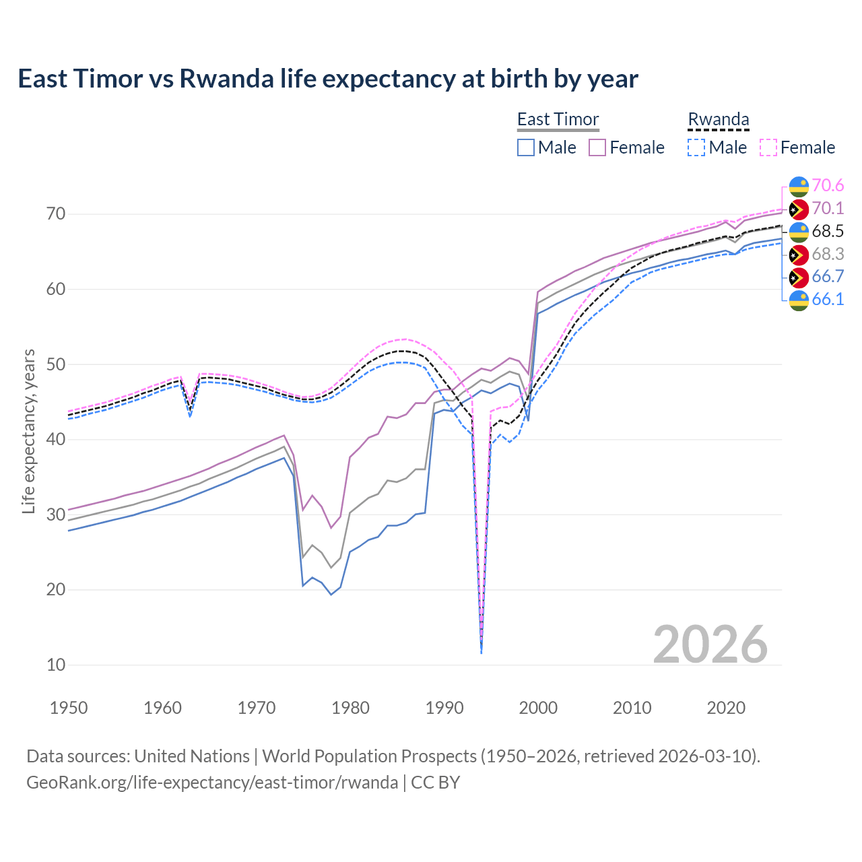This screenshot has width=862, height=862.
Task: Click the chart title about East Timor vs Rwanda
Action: click(x=327, y=79)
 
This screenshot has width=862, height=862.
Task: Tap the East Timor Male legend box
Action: click(x=526, y=147)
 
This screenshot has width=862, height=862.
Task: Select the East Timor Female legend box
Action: click(x=597, y=147)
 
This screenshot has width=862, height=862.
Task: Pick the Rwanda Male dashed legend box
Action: click(x=696, y=147)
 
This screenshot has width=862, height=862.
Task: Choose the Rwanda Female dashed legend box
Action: click(x=768, y=147)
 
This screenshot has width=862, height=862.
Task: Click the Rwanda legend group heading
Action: click(x=718, y=119)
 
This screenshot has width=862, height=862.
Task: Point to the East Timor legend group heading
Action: click(x=558, y=119)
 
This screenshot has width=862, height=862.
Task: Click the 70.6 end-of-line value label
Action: click(x=828, y=185)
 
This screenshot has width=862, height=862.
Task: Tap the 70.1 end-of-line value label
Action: click(x=828, y=208)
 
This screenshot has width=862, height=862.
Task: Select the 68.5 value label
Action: click(x=828, y=231)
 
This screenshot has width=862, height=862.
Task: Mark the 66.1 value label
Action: click(x=828, y=299)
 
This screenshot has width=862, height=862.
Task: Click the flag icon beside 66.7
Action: click(x=799, y=277)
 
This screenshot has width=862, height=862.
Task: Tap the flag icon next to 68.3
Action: click(x=799, y=254)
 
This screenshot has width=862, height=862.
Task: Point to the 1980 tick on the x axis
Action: click(x=350, y=708)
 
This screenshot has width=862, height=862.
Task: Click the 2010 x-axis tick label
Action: click(x=632, y=708)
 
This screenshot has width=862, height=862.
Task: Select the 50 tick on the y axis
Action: click(x=56, y=364)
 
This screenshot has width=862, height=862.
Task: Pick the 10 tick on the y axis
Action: click(x=56, y=665)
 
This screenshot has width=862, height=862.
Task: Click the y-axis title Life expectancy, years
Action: click(x=28, y=431)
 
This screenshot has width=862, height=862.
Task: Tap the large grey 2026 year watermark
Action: click(x=710, y=644)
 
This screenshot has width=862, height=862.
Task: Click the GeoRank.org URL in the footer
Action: click(x=212, y=782)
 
